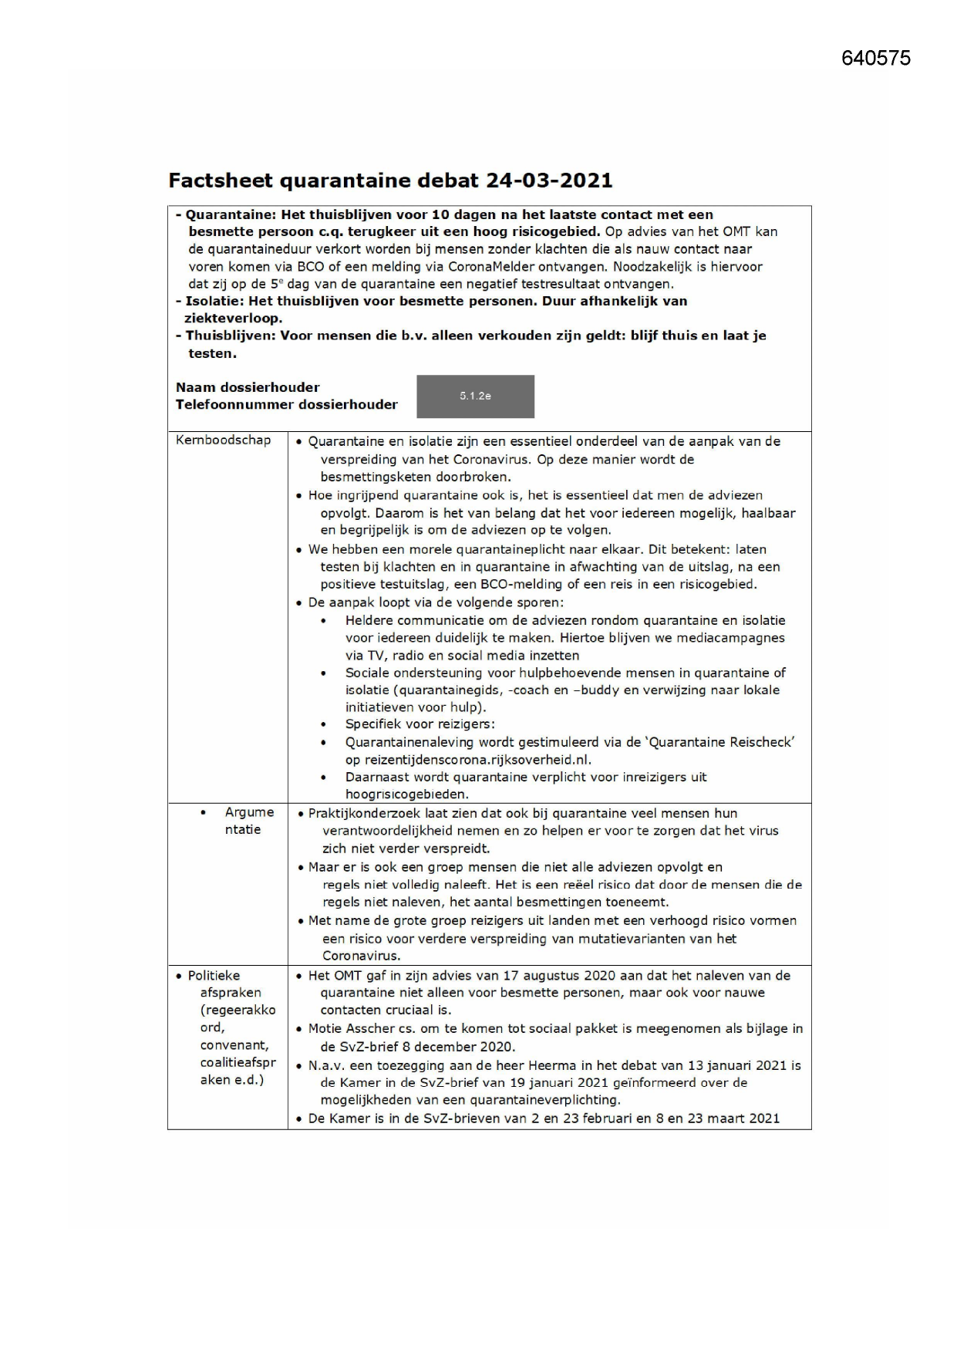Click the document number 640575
coord(875,59)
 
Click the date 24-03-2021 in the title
coord(549,181)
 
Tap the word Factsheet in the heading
coord(221,181)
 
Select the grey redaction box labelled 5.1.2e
coord(475,396)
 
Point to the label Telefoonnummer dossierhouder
coord(286,405)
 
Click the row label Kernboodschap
coord(224,440)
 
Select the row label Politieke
coord(214,976)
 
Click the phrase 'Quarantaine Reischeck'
coord(713,742)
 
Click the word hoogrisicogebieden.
coord(406,795)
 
